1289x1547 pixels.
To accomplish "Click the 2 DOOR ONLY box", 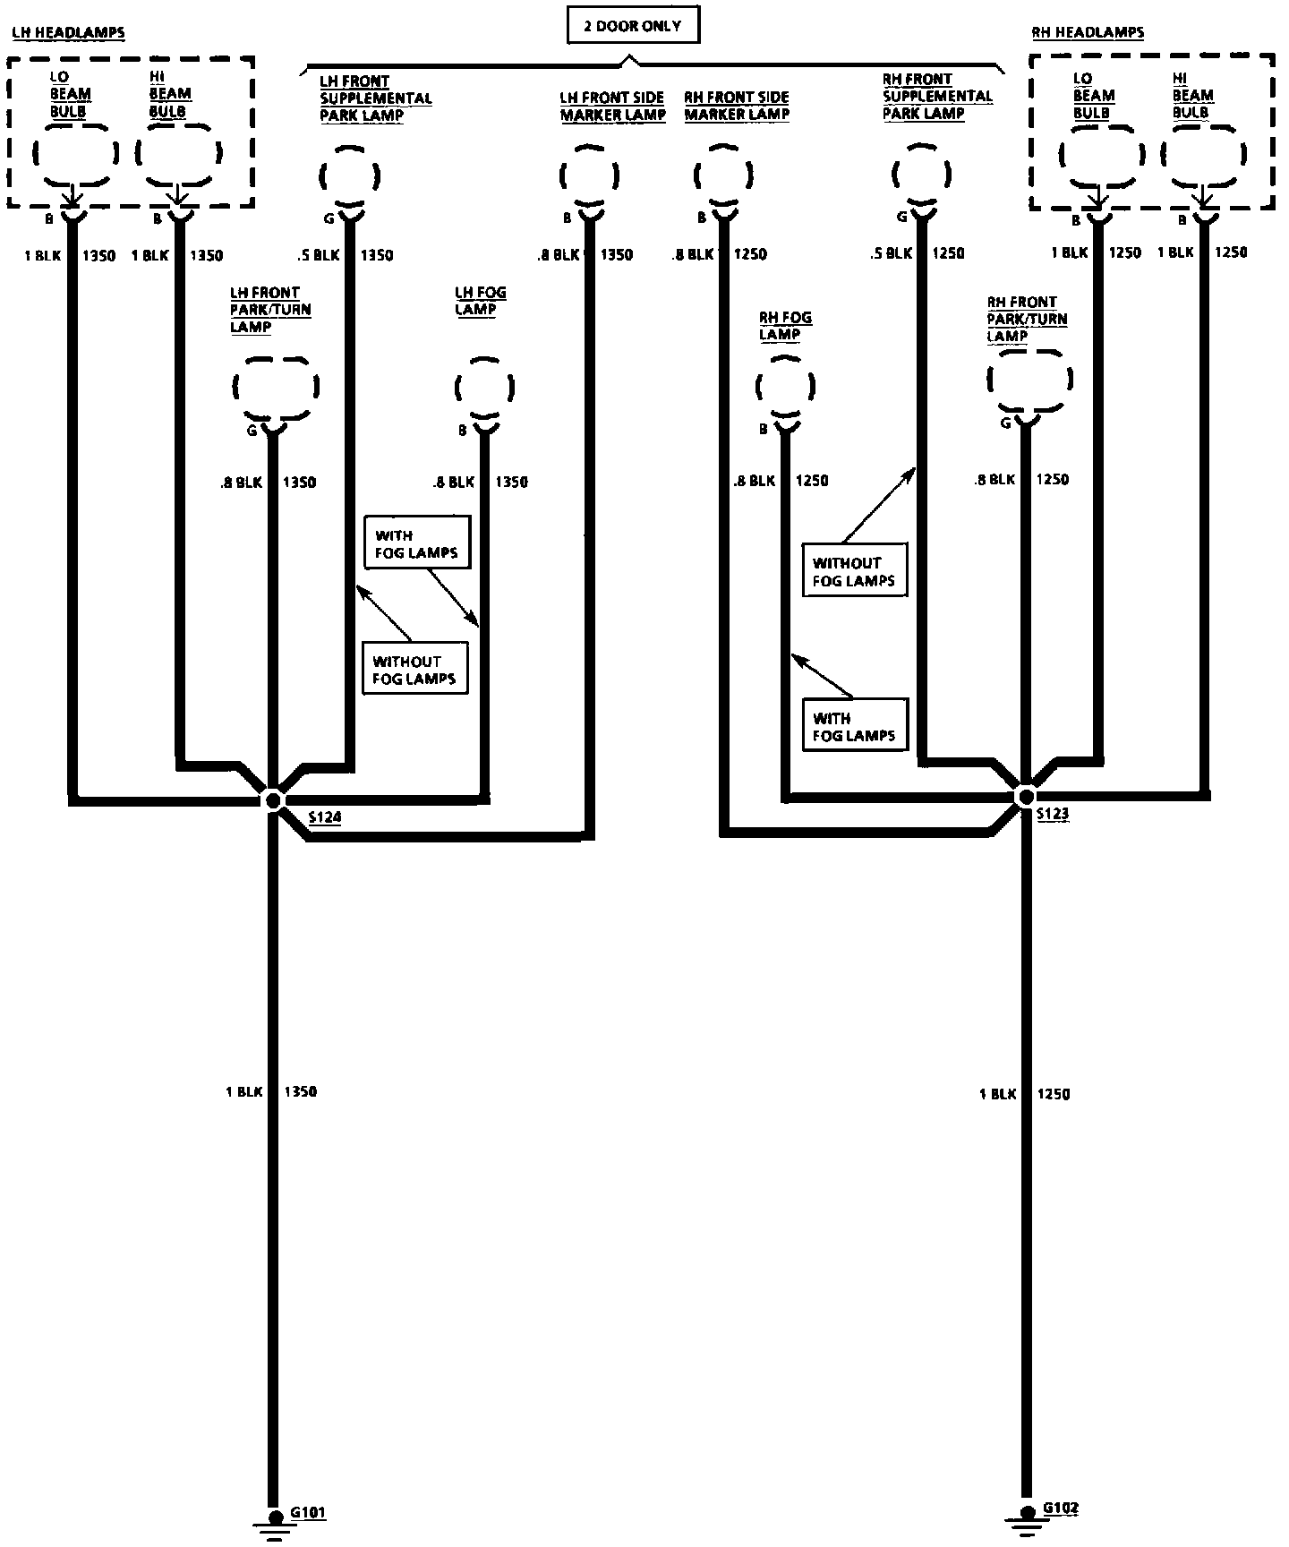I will (x=633, y=26).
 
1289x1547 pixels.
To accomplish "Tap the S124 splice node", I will (x=273, y=799).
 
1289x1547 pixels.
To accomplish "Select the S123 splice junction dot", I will (x=1027, y=796).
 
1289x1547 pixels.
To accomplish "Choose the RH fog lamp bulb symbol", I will (x=785, y=388).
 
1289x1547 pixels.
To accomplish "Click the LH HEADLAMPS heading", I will (x=68, y=33).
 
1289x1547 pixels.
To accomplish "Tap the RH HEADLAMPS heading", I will (x=1088, y=32).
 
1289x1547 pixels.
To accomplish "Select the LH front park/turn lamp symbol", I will (x=275, y=388).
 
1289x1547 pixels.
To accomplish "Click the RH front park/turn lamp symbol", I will (x=1029, y=380).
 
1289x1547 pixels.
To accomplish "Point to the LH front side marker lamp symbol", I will (x=589, y=175).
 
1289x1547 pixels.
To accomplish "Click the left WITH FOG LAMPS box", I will (x=416, y=543).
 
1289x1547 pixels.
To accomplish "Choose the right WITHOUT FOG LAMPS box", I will (x=854, y=571).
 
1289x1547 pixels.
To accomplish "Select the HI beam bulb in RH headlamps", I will (x=1202, y=154).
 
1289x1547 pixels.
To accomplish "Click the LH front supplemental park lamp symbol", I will (x=349, y=175).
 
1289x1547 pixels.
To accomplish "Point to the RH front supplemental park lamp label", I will (x=936, y=97).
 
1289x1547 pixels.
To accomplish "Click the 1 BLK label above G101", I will (x=243, y=1092).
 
